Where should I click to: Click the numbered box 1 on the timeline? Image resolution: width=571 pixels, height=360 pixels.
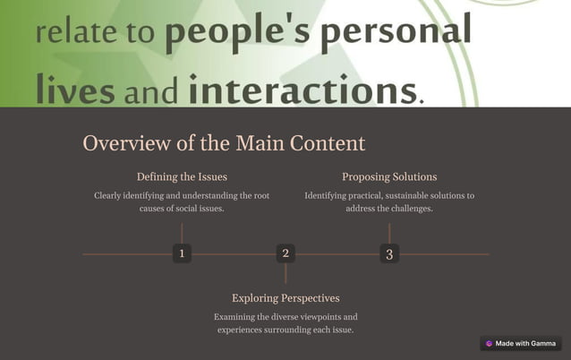[182, 253]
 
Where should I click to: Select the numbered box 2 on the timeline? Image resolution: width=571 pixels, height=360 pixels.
[285, 253]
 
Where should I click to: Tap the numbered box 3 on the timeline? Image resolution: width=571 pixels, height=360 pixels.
[389, 253]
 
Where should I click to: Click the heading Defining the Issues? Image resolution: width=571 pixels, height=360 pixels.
[182, 176]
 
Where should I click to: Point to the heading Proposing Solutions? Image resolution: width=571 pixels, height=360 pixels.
[389, 176]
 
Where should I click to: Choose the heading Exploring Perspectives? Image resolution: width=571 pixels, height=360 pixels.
[285, 297]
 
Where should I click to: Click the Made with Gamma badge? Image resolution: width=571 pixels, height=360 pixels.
[521, 343]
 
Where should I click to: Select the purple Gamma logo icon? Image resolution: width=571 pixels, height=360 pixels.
[489, 343]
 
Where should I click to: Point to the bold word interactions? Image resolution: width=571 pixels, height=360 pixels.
[303, 90]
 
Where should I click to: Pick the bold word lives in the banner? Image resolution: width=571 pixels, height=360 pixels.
[75, 90]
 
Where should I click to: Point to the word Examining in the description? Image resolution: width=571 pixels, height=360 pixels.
[236, 316]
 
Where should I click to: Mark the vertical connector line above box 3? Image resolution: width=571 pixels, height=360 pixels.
[389, 233]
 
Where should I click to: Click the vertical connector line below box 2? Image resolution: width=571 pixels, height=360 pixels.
[285, 274]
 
